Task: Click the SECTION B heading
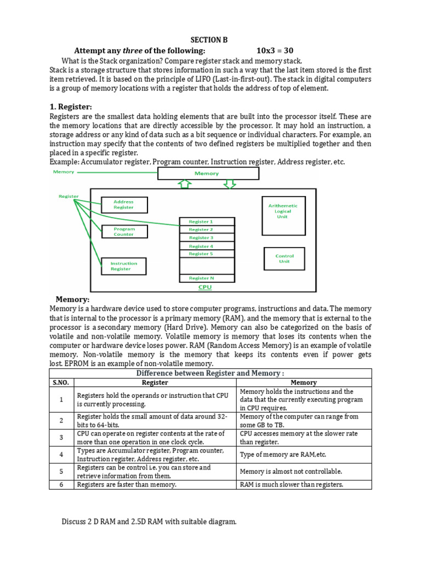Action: point(208,40)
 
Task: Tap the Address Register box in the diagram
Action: point(124,205)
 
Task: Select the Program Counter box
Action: point(124,232)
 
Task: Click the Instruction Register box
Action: point(124,266)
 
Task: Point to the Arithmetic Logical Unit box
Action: point(283,211)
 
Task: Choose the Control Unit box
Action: point(285,259)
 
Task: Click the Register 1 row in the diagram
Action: point(207,222)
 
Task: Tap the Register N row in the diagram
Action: point(207,278)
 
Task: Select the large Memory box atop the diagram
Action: point(208,174)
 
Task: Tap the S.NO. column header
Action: point(61,382)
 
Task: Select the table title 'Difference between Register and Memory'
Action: point(210,374)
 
